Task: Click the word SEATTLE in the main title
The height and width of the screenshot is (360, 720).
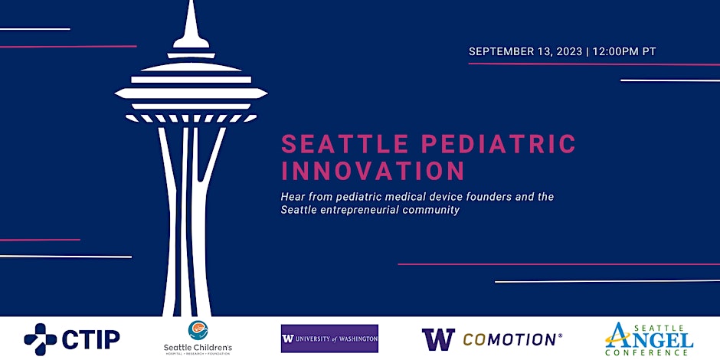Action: pyautogui.click(x=335, y=143)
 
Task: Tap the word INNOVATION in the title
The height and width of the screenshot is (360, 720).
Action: pyautogui.click(x=373, y=169)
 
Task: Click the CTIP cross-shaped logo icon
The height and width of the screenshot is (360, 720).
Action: pyautogui.click(x=40, y=339)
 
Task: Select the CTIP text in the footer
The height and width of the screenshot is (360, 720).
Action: pyautogui.click(x=90, y=339)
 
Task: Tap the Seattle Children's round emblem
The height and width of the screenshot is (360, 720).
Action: pyautogui.click(x=198, y=330)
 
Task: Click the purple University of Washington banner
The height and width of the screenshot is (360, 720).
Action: pyautogui.click(x=329, y=339)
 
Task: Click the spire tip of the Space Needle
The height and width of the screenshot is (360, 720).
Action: pyautogui.click(x=191, y=11)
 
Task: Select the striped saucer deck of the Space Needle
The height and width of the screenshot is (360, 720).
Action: pyautogui.click(x=191, y=93)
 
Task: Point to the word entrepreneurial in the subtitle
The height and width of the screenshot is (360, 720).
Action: pyautogui.click(x=366, y=210)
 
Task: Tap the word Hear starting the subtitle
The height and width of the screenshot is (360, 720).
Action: pyautogui.click(x=293, y=197)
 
